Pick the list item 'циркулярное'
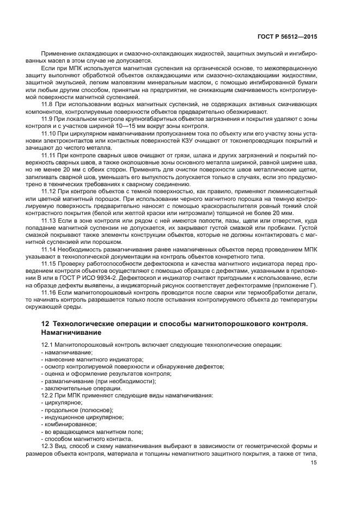(63, 402)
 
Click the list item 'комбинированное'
(70, 424)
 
